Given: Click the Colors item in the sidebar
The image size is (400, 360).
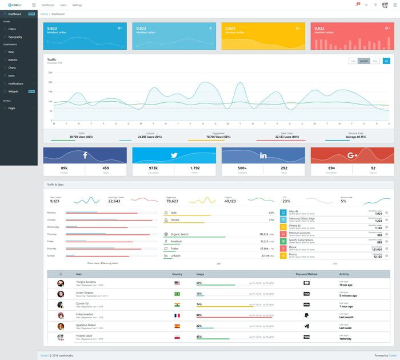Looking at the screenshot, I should (x=13, y=29).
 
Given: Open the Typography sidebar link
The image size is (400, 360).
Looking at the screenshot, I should (x=15, y=37).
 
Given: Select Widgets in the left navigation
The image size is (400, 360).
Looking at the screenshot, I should (x=14, y=91).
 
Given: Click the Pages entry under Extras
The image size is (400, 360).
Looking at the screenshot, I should (x=12, y=107).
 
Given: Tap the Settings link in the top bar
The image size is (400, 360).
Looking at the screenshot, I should (x=77, y=5).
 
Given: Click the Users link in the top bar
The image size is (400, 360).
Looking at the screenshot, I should (x=63, y=5).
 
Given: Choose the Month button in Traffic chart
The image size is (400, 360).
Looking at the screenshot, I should (x=363, y=61).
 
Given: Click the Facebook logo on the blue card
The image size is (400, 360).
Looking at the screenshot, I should (x=85, y=155).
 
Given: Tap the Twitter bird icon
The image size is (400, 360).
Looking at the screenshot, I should (x=174, y=155).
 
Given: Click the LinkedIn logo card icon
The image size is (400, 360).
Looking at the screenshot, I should (x=263, y=155).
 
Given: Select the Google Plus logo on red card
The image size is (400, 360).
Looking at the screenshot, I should (x=352, y=155).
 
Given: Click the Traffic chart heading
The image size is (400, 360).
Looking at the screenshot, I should (x=52, y=59).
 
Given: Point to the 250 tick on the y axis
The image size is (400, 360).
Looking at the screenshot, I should (x=50, y=73).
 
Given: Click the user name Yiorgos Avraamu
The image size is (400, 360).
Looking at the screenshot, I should (x=87, y=282).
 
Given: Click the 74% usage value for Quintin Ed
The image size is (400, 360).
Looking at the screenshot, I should (x=199, y=303).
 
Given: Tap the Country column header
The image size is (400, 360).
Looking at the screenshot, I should (x=177, y=274).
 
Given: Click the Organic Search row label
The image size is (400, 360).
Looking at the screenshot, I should (x=179, y=234).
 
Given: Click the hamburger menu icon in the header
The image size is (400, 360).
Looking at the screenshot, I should (x=34, y=5).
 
